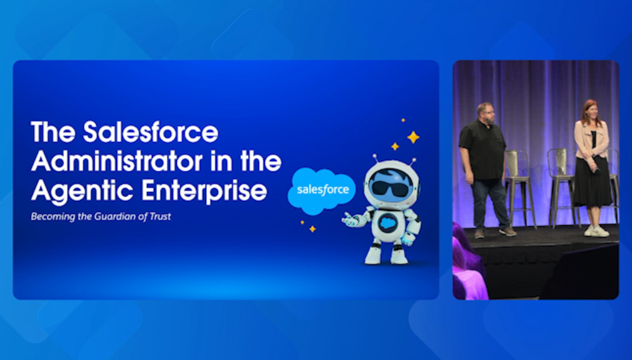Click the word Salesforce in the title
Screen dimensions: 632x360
coord(151,132)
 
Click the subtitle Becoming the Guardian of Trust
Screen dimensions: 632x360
coord(101,216)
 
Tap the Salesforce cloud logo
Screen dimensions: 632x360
coord(322,191)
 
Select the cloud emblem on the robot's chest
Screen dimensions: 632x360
coord(388,223)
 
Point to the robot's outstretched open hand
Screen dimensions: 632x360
coord(351,220)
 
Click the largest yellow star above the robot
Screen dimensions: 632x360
coord(413,137)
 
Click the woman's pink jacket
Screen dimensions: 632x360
coord(592,140)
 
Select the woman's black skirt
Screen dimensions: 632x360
coord(593,181)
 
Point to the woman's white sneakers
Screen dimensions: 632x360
coord(597,231)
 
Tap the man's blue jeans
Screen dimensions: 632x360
coord(489,204)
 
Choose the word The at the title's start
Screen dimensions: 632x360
coord(53,132)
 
